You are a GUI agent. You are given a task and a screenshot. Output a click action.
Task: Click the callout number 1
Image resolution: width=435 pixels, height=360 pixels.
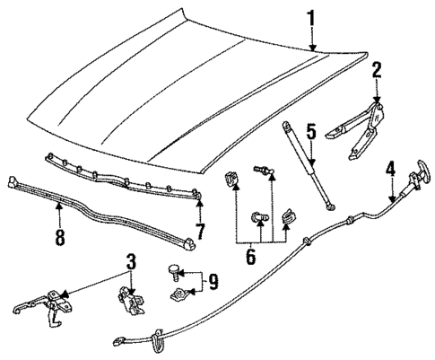(x=311, y=17)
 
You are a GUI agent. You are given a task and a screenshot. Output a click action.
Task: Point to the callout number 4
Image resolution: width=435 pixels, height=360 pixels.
(x=391, y=168)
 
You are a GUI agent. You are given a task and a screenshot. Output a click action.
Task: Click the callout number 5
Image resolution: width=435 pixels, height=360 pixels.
(x=310, y=132)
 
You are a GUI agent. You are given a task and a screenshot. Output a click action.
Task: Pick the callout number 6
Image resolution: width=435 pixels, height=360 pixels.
(x=251, y=257)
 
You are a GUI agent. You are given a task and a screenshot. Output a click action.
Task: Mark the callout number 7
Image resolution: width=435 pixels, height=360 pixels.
(x=201, y=233)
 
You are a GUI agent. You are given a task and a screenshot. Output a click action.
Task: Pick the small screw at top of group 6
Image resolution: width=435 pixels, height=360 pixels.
(x=263, y=171)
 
